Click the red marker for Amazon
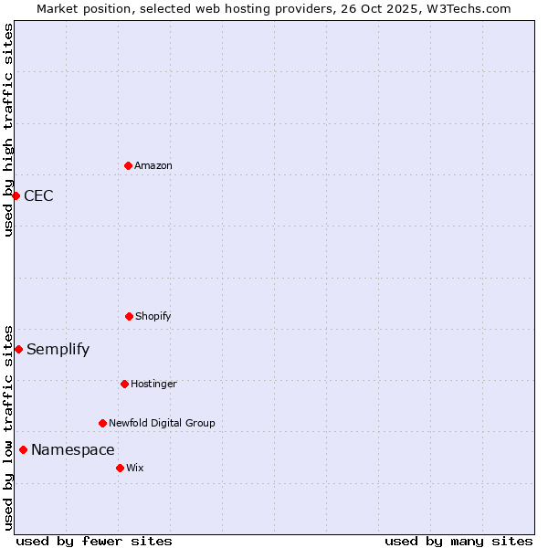[x=128, y=165]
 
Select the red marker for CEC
[x=16, y=195]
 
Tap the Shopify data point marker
[x=129, y=316]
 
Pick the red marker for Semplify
[x=18, y=349]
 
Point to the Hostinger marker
[x=124, y=384]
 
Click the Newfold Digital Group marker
[x=102, y=423]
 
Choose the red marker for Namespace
[x=23, y=449]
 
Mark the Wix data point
[x=120, y=468]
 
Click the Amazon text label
[x=153, y=165]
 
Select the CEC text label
[x=38, y=195]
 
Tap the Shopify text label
[x=153, y=316]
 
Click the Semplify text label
[x=58, y=349]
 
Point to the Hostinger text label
[x=153, y=384]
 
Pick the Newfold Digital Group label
[x=162, y=423]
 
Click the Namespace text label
[x=73, y=449]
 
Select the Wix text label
[x=135, y=468]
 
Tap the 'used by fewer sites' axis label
[x=94, y=541]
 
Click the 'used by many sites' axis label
[x=458, y=541]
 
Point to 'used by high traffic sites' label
[x=8, y=130]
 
